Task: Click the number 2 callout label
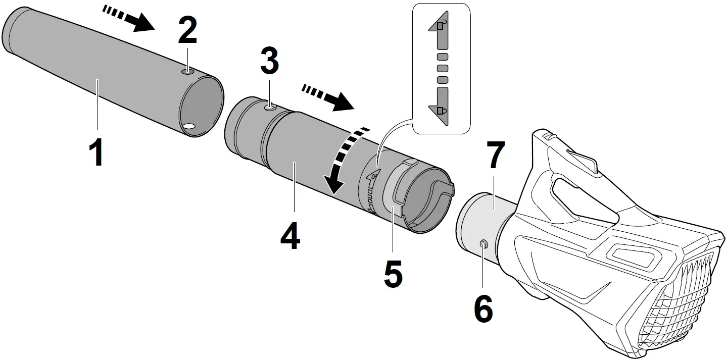(x=187, y=32)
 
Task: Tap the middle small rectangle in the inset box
(x=442, y=68)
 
